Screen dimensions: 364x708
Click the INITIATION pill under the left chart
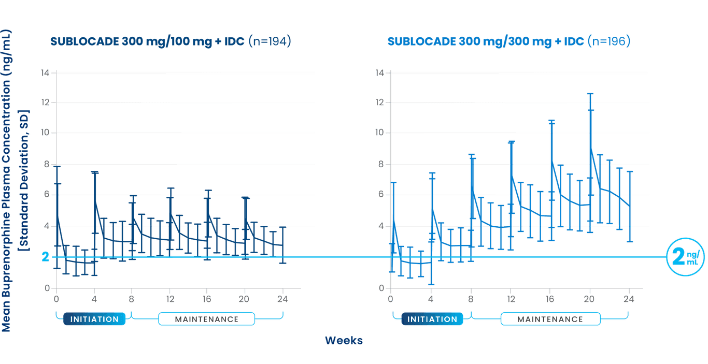(x=94, y=319)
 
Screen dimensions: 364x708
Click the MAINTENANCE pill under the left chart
(x=206, y=319)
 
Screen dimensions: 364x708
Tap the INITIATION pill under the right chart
(x=432, y=319)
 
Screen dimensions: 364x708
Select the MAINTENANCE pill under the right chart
(x=550, y=319)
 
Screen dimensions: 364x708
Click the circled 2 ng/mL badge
(x=685, y=257)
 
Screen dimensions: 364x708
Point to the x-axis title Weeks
(x=344, y=340)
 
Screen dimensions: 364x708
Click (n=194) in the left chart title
(x=269, y=42)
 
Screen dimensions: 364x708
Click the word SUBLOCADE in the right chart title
(x=421, y=42)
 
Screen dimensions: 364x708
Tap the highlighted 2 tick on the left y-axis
(x=46, y=257)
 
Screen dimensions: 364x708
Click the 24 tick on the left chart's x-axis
(x=283, y=299)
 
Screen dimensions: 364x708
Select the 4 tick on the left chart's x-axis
(x=94, y=299)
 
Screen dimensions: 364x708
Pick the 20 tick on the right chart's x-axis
(x=589, y=299)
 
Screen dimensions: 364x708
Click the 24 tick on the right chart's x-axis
(x=629, y=299)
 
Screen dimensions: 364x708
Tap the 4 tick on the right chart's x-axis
(x=431, y=299)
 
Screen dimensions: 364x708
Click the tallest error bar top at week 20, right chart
(x=590, y=93)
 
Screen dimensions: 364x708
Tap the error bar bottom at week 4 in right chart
(x=432, y=284)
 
